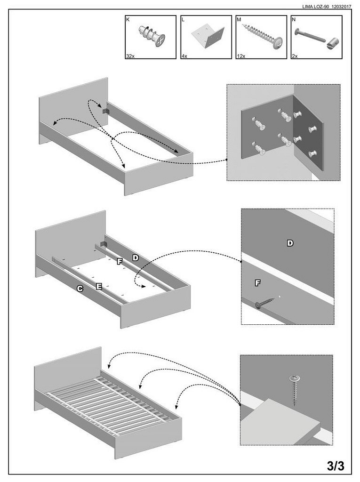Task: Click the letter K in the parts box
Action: click(x=128, y=19)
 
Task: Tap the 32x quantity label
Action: click(x=130, y=56)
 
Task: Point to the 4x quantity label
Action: click(x=184, y=56)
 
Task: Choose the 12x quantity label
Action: click(x=241, y=56)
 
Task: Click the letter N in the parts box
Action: click(x=294, y=19)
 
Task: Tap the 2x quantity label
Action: click(x=295, y=56)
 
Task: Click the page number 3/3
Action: click(x=336, y=466)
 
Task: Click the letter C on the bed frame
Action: click(x=80, y=289)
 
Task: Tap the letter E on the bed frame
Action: click(x=99, y=286)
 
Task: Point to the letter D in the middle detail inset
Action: click(x=290, y=243)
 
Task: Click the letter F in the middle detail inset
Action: click(x=257, y=283)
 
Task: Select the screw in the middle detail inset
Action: click(x=264, y=302)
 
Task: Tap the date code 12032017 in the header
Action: click(x=342, y=7)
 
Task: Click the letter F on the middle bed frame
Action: click(x=120, y=261)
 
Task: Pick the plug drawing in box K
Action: click(x=152, y=35)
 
